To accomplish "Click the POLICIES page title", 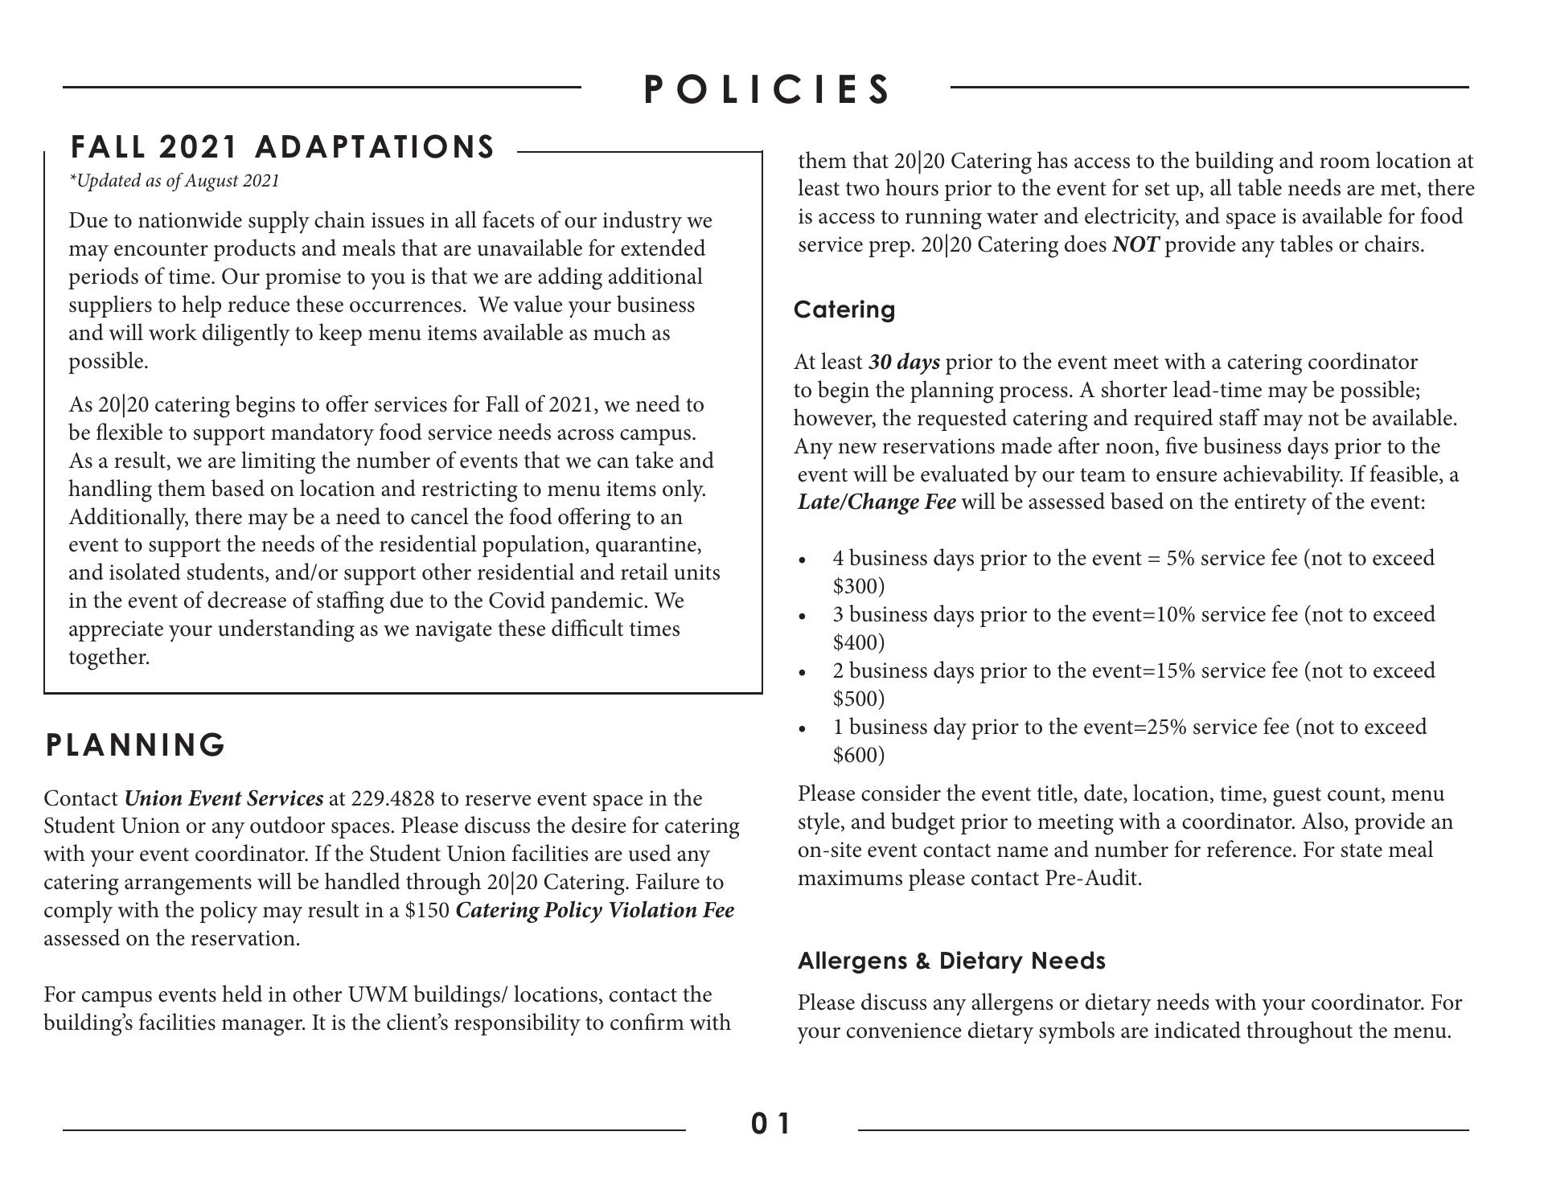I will [x=767, y=88].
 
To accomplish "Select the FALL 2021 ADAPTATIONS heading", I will [x=283, y=147].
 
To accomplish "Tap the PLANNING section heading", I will [x=135, y=745].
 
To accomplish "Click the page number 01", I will [x=771, y=1123].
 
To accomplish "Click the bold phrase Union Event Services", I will [x=224, y=799].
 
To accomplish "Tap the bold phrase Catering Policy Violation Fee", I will [x=594, y=911].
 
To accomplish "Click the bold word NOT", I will [x=1135, y=245].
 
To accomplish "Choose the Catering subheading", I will [x=844, y=310].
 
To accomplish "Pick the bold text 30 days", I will [x=904, y=363].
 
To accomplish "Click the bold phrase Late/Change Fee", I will [x=877, y=502].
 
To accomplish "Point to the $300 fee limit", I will [x=858, y=586].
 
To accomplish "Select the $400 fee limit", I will [x=858, y=642].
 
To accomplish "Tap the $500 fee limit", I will [x=858, y=699].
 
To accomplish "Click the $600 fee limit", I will [x=858, y=755].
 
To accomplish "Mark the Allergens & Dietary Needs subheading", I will [x=951, y=961].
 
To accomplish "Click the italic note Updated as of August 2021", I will [x=175, y=181].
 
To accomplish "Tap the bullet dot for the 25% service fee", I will [x=802, y=729].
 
